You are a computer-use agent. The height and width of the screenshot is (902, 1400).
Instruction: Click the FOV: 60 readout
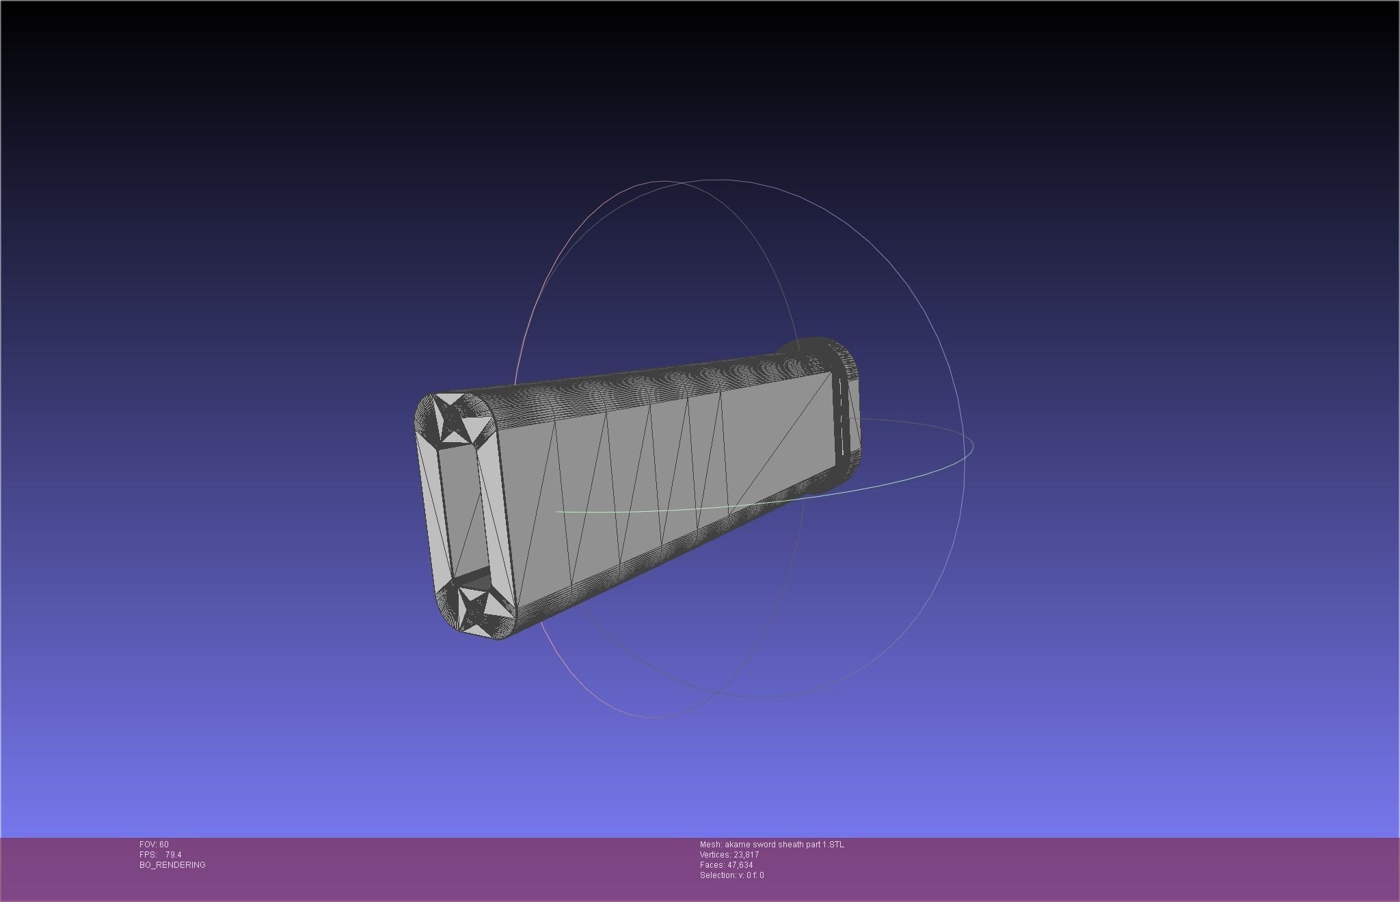coord(154,845)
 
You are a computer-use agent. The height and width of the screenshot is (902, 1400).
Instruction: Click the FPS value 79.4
coord(173,855)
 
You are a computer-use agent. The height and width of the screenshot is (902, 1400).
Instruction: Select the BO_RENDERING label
coord(172,865)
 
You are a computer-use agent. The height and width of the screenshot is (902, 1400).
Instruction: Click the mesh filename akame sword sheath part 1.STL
coord(784,845)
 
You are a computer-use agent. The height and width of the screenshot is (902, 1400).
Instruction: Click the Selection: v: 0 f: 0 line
coord(731,875)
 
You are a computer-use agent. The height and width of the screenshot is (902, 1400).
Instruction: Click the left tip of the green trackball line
coord(558,511)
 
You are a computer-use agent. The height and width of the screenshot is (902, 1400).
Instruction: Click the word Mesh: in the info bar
coord(710,845)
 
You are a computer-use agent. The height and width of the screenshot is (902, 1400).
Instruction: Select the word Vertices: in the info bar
coord(714,855)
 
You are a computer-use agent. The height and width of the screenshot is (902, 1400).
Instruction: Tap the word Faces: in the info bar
coord(712,865)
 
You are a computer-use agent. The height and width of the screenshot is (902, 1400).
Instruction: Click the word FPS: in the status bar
coord(148,855)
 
